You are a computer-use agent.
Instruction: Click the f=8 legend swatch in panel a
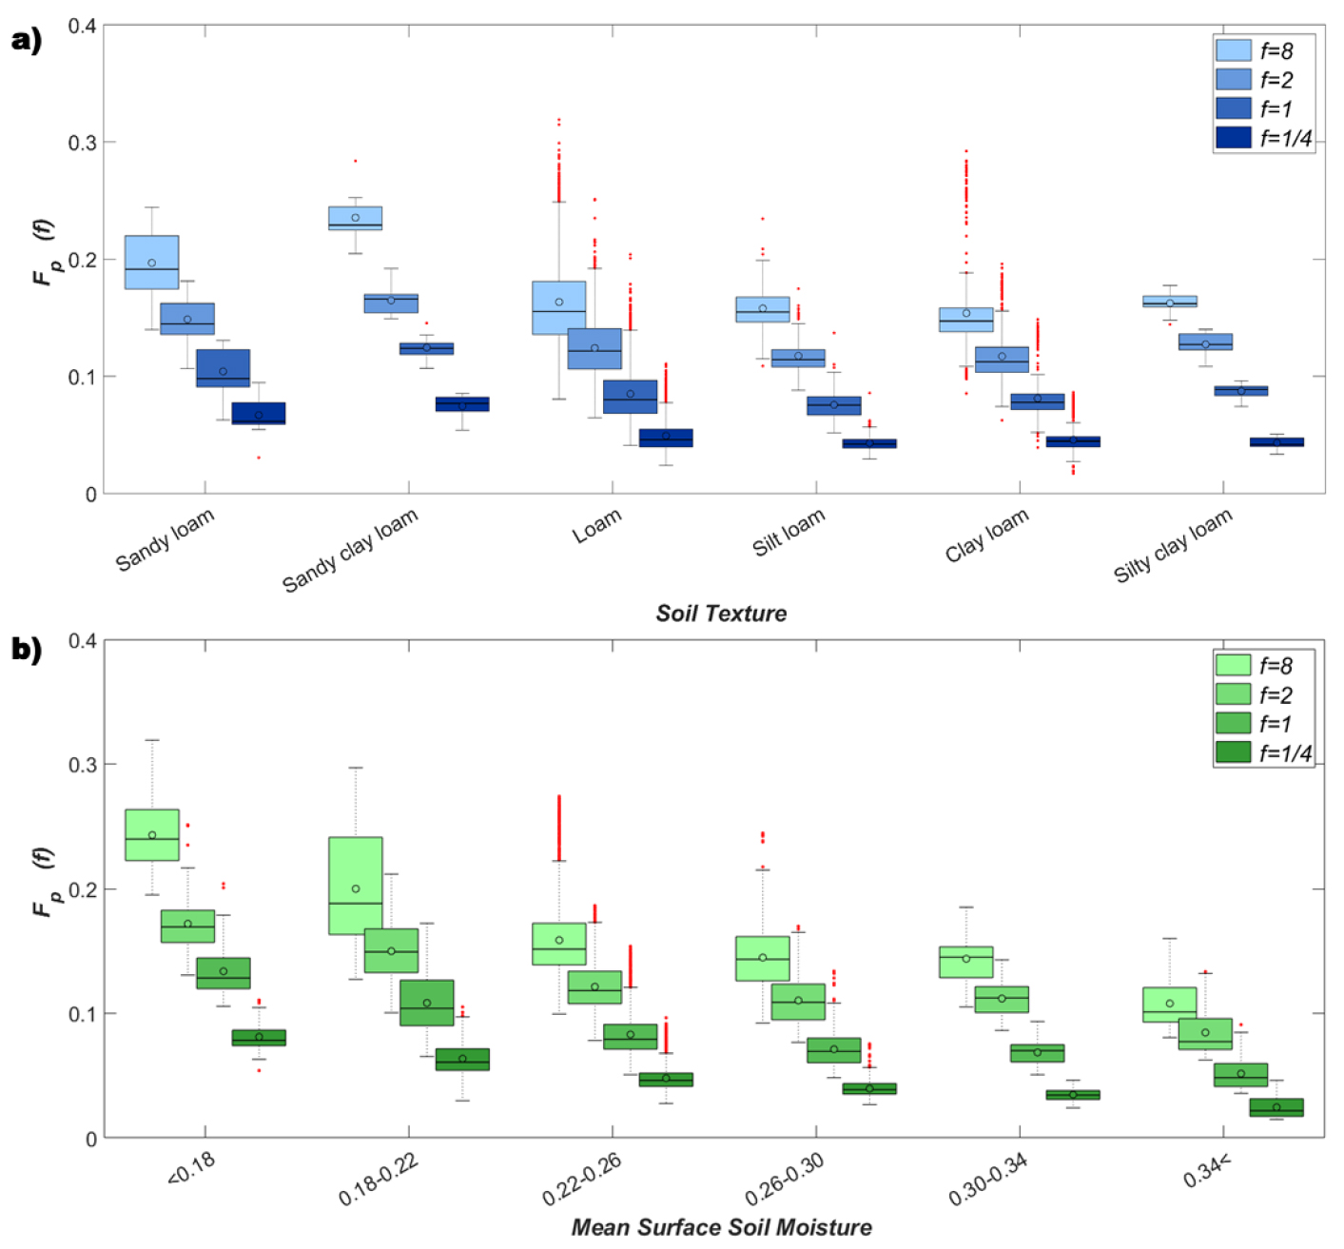(1233, 50)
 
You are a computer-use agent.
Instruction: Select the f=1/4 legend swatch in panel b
(1233, 752)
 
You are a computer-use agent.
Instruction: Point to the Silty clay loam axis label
(1173, 544)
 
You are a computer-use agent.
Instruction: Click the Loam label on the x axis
(597, 526)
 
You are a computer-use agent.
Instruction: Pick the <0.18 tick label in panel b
(191, 1169)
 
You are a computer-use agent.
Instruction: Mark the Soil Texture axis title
(721, 614)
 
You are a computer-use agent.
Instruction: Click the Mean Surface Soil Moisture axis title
(721, 1227)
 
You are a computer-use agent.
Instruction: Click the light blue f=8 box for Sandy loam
(152, 263)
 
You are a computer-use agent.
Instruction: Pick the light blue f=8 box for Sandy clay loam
(355, 219)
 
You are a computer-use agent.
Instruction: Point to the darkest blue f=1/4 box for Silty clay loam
(1276, 442)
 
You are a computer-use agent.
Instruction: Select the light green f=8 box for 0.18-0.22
(355, 886)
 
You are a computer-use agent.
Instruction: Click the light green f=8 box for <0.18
(152, 835)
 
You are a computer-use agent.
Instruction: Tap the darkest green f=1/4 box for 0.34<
(1276, 1107)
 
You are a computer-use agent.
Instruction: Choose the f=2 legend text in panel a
(1276, 80)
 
